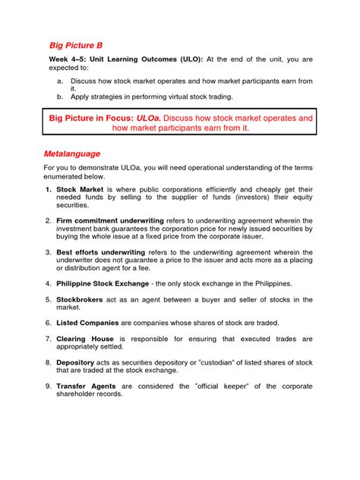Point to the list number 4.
point(47,283)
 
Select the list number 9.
point(47,386)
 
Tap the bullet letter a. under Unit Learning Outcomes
point(60,80)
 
